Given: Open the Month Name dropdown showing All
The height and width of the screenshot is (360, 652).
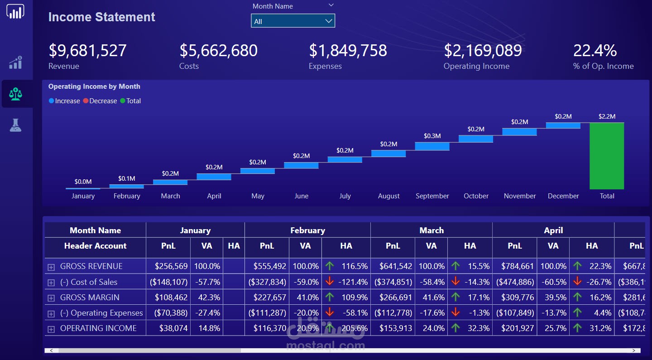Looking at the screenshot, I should (x=293, y=21).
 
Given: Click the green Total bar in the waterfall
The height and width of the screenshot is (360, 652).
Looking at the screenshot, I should (x=607, y=156).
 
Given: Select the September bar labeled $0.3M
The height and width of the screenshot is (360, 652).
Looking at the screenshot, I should (x=432, y=146).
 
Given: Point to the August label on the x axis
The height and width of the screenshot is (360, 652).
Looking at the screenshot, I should (x=388, y=196).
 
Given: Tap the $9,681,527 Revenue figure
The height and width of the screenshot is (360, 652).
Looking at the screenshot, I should (x=87, y=50).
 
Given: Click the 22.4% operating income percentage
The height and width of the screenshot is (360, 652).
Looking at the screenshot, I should (x=595, y=50).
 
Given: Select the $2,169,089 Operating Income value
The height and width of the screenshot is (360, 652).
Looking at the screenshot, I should (x=483, y=50).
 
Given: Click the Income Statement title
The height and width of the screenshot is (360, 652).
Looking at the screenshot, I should (x=101, y=17).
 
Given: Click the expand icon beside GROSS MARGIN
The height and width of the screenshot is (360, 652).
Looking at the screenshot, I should (x=51, y=298).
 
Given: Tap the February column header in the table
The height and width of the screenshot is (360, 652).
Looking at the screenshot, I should (x=307, y=230).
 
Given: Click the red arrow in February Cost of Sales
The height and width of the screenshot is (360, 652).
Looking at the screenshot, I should (x=330, y=282).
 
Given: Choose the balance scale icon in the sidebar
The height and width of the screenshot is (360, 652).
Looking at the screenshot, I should (x=16, y=94).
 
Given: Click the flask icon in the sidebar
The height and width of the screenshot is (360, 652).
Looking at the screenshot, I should (x=16, y=125).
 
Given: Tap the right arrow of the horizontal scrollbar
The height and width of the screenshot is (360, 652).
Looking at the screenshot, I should (x=633, y=350).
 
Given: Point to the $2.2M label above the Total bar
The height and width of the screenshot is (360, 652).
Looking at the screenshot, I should (x=607, y=116).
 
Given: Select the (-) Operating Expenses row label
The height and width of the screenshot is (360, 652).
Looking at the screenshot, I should (x=101, y=313).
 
